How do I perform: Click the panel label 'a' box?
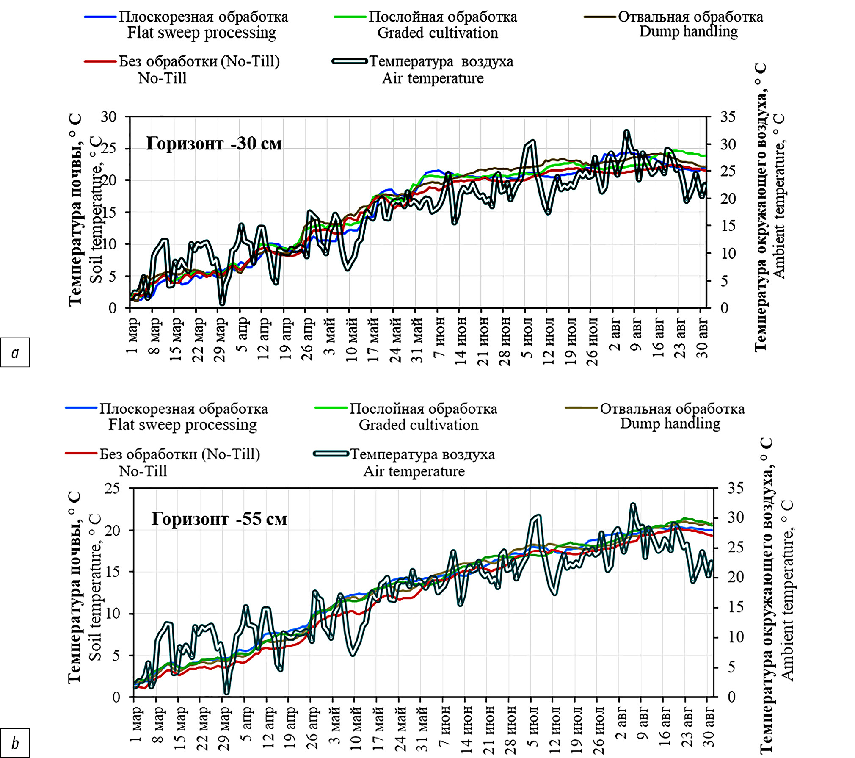coord(15,352)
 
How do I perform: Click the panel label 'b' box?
coord(15,743)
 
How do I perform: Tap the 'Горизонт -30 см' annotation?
coord(214,144)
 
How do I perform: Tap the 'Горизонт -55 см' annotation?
coord(219,519)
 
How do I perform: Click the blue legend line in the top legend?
coord(100,17)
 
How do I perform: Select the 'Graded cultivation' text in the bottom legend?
coord(418,425)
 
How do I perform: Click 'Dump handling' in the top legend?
coord(688,32)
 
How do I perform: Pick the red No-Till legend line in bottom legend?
coord(81,453)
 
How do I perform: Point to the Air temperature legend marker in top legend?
coord(350,61)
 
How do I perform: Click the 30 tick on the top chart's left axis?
coord(108,117)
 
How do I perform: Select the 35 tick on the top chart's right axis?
coord(728,117)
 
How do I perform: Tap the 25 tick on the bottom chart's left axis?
coord(112,488)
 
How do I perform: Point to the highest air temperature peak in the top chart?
coord(626,132)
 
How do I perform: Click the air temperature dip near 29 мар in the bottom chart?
coord(226,693)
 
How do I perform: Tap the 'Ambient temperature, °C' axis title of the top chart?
coord(779,196)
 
